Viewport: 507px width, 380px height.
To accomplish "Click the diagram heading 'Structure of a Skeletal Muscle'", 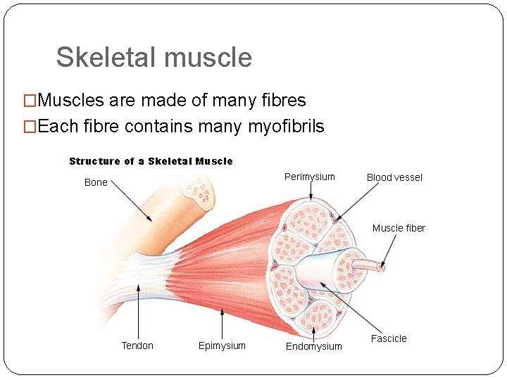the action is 151,161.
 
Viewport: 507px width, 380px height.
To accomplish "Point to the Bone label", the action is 96,182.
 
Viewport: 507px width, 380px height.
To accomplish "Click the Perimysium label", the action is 309,177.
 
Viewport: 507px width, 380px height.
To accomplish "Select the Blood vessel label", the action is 394,177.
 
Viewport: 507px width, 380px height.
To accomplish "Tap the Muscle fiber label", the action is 399,228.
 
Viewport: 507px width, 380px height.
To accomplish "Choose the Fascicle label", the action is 389,338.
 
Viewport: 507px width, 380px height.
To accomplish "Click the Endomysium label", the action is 314,346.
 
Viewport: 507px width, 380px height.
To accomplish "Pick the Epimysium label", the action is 222,346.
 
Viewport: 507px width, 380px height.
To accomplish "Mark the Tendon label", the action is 137,346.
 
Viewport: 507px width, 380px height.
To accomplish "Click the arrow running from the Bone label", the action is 132,201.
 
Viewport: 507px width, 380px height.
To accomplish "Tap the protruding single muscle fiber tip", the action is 381,267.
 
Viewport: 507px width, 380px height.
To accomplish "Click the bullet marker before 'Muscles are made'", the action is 30,101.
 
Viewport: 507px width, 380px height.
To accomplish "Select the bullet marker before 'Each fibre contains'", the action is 30,127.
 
